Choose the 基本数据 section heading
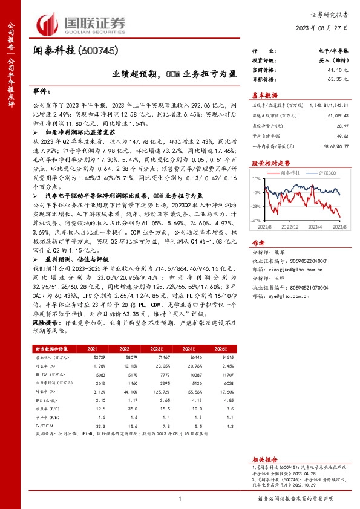point(264,96)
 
